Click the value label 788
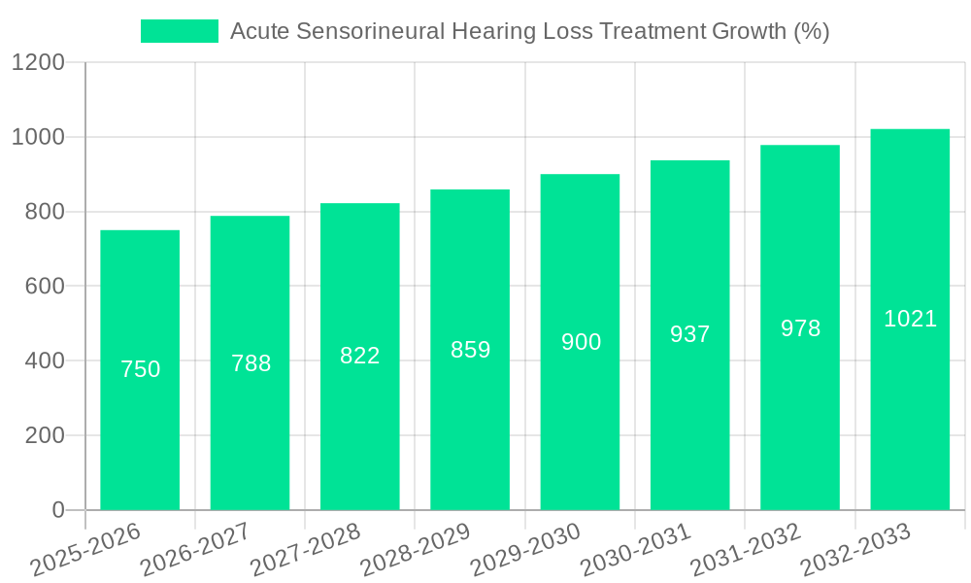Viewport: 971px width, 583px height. pos(251,363)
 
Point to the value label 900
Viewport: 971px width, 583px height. pos(581,342)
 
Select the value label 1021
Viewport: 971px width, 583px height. pos(910,319)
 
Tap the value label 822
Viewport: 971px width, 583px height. pos(360,356)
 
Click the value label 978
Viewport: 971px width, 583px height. pos(800,328)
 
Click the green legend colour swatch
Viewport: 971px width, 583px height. pos(180,31)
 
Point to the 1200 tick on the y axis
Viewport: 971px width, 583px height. pos(38,63)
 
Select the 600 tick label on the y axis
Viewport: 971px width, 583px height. pos(45,287)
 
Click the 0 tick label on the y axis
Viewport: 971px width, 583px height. pos(58,510)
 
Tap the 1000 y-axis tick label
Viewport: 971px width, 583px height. pos(38,137)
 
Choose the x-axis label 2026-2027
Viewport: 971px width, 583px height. pos(195,550)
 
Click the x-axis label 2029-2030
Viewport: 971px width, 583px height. pos(525,550)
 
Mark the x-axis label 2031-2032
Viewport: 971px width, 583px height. pos(746,550)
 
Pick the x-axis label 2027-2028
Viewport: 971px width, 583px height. pos(305,550)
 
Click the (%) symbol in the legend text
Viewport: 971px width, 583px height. pos(811,32)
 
